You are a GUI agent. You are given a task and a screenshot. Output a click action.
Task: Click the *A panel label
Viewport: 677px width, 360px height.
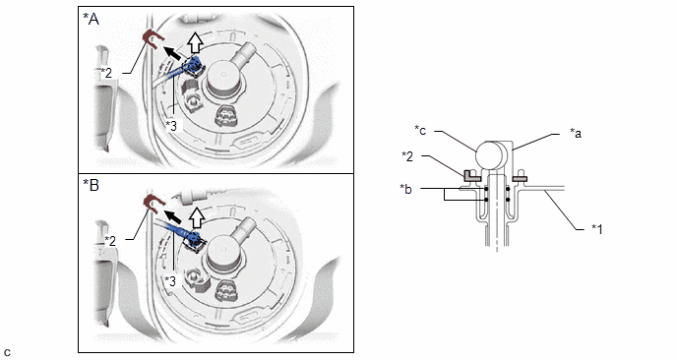click(91, 19)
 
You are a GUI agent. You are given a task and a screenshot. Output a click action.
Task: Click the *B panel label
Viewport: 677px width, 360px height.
click(91, 185)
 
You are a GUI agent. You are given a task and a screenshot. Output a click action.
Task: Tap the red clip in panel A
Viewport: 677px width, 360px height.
click(152, 38)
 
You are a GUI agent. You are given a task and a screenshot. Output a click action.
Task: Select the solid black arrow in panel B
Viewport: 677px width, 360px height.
click(174, 216)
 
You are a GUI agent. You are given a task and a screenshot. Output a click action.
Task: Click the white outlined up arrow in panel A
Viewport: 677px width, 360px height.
click(197, 43)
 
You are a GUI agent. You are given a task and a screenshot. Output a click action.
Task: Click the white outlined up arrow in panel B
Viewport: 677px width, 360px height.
click(197, 216)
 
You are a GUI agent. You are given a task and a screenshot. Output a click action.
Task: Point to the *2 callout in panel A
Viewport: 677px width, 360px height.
click(106, 73)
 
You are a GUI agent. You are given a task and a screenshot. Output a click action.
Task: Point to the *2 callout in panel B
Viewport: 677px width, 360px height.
click(110, 240)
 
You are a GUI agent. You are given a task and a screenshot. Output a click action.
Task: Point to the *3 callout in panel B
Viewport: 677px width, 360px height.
click(170, 281)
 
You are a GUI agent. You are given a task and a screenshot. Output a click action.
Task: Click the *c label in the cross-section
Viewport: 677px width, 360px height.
click(420, 130)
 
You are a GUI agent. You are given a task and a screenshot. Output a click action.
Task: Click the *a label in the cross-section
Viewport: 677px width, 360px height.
click(576, 133)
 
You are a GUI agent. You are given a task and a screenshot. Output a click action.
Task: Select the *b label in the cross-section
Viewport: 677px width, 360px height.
click(405, 189)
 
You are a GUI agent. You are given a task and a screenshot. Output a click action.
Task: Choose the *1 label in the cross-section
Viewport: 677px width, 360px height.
click(597, 228)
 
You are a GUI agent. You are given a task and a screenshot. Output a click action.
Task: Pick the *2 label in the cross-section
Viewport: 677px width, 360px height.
click(407, 156)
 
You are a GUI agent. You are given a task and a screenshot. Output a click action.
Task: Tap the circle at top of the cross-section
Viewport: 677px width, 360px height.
click(490, 154)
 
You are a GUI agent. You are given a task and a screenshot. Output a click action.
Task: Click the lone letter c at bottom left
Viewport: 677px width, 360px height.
click(7, 352)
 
